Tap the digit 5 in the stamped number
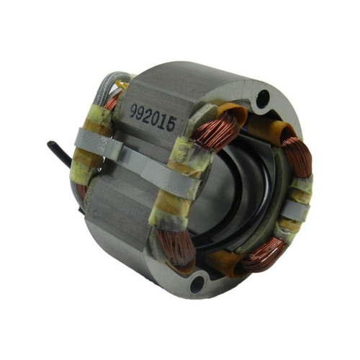click(171, 125)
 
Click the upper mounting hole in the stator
click(263, 98)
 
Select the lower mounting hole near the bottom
click(197, 284)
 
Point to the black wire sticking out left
click(59, 153)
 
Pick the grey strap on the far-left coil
click(98, 144)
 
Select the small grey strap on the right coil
click(297, 208)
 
